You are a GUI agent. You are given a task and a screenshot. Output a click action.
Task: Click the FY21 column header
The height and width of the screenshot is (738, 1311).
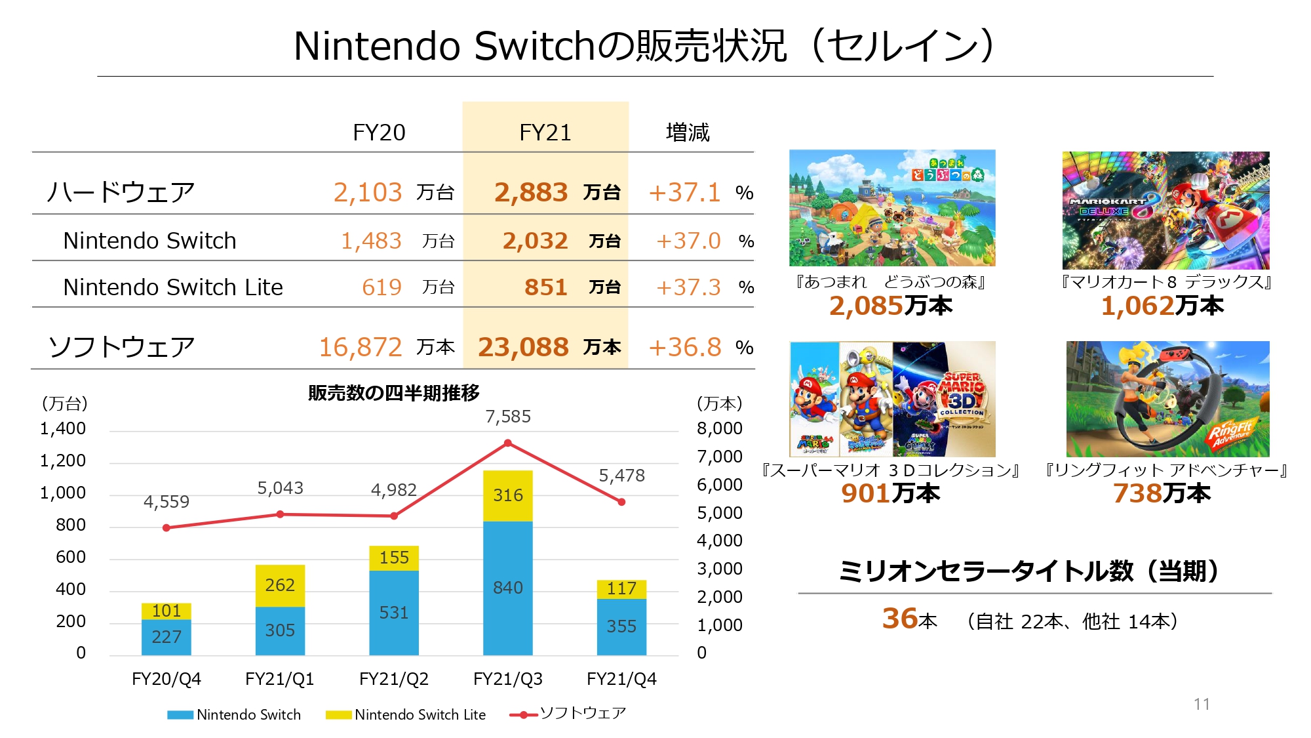coord(545,133)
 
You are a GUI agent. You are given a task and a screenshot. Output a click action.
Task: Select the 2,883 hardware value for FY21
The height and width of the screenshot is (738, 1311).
coord(531,192)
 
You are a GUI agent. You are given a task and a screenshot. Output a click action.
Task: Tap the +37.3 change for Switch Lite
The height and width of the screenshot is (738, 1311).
coord(688,287)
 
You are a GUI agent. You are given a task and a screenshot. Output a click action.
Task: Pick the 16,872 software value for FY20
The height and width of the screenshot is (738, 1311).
coord(361,347)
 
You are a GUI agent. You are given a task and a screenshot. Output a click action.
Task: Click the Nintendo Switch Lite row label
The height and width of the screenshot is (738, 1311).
coord(173,287)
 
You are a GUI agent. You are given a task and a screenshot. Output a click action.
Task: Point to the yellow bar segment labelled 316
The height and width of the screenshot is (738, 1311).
coord(508,495)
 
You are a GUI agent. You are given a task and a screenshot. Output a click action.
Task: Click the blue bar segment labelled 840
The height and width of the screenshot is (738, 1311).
coord(508,588)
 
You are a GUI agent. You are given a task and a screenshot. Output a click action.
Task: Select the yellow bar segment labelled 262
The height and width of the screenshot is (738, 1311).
coord(280,584)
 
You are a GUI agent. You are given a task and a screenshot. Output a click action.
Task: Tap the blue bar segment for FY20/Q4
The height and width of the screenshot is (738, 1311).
coord(166,637)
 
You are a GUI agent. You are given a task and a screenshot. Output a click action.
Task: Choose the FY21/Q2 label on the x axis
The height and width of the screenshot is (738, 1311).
coord(394,679)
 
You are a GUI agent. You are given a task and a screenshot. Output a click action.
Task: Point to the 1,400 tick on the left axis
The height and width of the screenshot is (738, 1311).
coord(63,429)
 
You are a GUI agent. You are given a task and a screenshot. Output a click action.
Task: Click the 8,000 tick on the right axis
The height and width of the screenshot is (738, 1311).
coord(720,429)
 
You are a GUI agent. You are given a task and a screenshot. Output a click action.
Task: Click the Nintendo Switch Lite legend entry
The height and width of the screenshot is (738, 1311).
coord(406,714)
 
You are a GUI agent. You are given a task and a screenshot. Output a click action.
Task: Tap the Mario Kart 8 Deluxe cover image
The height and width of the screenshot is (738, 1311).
coord(1165,210)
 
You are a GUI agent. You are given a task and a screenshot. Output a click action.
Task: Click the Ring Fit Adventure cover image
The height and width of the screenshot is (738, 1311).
coord(1167,399)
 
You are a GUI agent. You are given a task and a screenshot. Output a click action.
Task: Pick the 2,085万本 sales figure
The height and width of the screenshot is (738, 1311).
coord(890,306)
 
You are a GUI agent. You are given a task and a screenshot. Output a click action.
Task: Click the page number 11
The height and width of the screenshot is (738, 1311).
coord(1202,704)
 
